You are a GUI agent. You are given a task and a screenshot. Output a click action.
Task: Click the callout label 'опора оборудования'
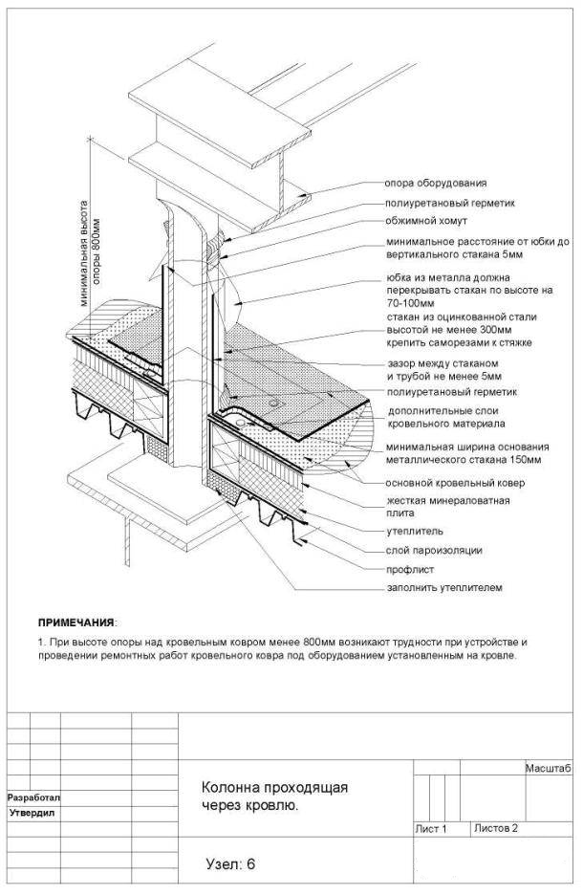[x=435, y=183]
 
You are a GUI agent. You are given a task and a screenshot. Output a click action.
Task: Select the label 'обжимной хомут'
[x=425, y=221]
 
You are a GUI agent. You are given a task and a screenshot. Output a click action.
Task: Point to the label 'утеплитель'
[x=414, y=530]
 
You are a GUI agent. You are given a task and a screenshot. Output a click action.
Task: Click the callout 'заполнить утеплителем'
[x=443, y=587]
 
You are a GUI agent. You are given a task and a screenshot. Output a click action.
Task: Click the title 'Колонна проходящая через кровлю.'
[x=273, y=797]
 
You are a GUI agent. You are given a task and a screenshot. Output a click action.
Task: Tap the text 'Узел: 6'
[x=230, y=863]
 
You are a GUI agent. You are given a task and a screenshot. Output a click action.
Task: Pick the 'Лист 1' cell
[x=431, y=828]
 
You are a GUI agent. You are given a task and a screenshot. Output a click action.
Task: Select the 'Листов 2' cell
[x=495, y=828]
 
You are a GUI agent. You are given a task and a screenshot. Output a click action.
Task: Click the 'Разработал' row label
[x=33, y=797]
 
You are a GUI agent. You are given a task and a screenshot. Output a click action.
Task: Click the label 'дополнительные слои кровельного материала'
[x=446, y=416]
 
